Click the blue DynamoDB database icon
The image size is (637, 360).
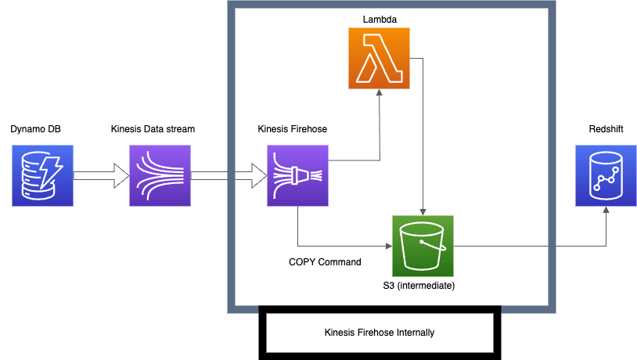(42, 175)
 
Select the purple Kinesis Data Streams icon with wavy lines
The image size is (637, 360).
(160, 175)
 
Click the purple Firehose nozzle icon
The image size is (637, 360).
(297, 175)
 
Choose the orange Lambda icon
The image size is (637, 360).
(379, 58)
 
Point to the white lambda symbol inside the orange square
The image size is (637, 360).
(379, 59)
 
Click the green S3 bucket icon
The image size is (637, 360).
(423, 246)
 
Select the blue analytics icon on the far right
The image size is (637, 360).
(606, 175)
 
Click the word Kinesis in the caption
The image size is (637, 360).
(340, 333)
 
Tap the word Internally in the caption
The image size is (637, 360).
(416, 333)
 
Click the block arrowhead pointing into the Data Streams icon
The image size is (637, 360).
(121, 175)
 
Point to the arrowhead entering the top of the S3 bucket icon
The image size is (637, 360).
(423, 211)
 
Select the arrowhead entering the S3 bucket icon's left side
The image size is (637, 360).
(387, 246)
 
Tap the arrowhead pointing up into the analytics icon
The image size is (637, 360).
(606, 211)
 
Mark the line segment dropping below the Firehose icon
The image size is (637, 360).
(297, 227)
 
